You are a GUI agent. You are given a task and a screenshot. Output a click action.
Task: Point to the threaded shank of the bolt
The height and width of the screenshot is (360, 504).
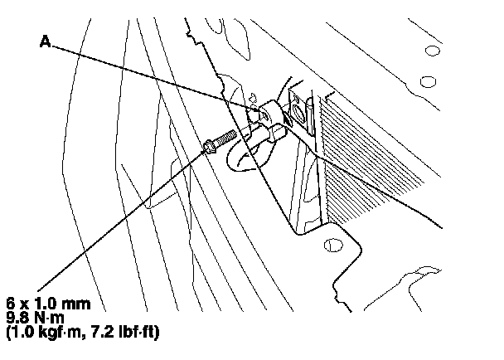(x=225, y=137)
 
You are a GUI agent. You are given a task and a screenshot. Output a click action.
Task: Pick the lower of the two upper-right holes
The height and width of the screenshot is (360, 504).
(x=429, y=81)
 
